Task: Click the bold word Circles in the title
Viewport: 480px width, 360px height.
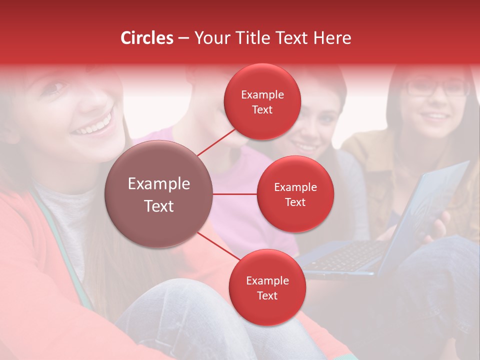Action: click(x=147, y=38)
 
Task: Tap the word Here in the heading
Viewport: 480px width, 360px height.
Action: click(x=332, y=38)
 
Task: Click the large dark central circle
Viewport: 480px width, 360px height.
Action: click(x=159, y=194)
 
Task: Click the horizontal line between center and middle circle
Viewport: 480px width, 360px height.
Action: click(x=235, y=194)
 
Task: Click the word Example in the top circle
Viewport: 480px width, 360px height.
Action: click(x=262, y=95)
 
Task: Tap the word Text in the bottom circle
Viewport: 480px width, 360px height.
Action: click(x=267, y=295)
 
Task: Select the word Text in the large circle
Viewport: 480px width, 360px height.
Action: click(x=159, y=206)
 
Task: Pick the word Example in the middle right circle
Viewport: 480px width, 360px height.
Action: click(x=295, y=187)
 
